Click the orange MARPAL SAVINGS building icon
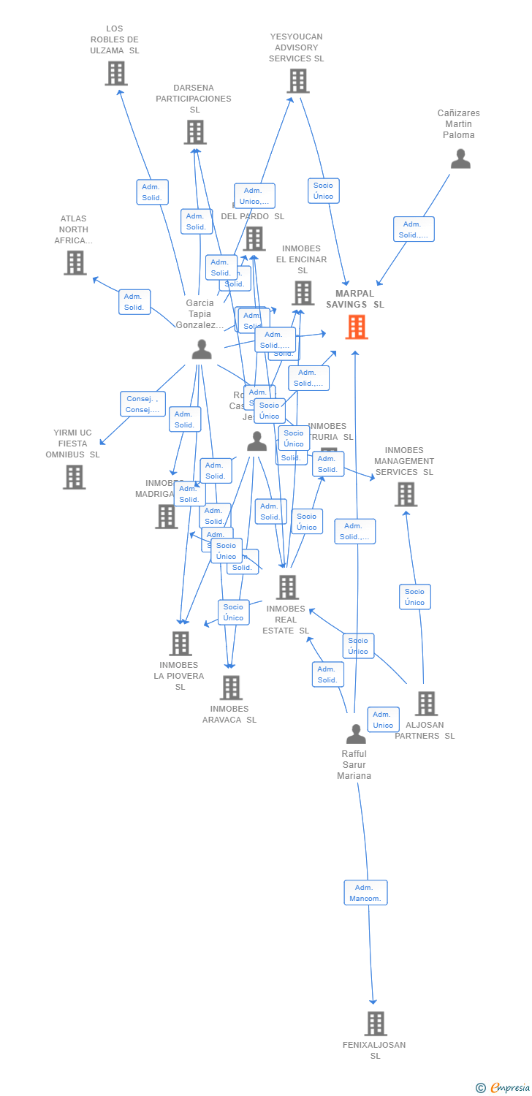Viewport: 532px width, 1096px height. pyautogui.click(x=357, y=327)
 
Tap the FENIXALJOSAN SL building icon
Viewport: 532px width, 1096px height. pyautogui.click(x=376, y=1024)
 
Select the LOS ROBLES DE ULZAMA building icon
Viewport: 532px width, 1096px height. pyautogui.click(x=116, y=74)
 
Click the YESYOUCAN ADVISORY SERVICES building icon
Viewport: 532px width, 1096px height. pyautogui.click(x=298, y=81)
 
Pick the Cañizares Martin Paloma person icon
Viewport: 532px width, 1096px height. pyautogui.click(x=460, y=159)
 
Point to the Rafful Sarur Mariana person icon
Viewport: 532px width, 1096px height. pyautogui.click(x=356, y=734)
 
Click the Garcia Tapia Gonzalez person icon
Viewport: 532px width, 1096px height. pyautogui.click(x=202, y=350)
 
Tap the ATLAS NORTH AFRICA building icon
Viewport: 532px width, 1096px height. pyautogui.click(x=75, y=263)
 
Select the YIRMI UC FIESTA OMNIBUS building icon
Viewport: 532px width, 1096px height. pyautogui.click(x=74, y=477)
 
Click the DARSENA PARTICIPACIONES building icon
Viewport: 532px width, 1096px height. pyautogui.click(x=195, y=132)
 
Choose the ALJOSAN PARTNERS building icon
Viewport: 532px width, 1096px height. pyautogui.click(x=426, y=704)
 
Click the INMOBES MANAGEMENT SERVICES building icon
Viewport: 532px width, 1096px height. pyautogui.click(x=406, y=495)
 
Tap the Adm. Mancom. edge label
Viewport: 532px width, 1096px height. pyautogui.click(x=365, y=892)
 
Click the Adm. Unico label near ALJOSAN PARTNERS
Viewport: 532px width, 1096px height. pyautogui.click(x=383, y=719)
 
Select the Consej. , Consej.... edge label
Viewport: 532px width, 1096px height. pyautogui.click(x=142, y=404)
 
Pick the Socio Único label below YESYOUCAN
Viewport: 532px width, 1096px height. pyautogui.click(x=323, y=191)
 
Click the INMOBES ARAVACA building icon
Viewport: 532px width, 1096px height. pyautogui.click(x=231, y=688)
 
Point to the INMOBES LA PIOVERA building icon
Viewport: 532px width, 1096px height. pyautogui.click(x=180, y=644)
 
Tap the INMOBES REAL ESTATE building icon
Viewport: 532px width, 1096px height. pyautogui.click(x=287, y=587)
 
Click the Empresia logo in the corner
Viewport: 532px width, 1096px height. pyautogui.click(x=503, y=1087)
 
